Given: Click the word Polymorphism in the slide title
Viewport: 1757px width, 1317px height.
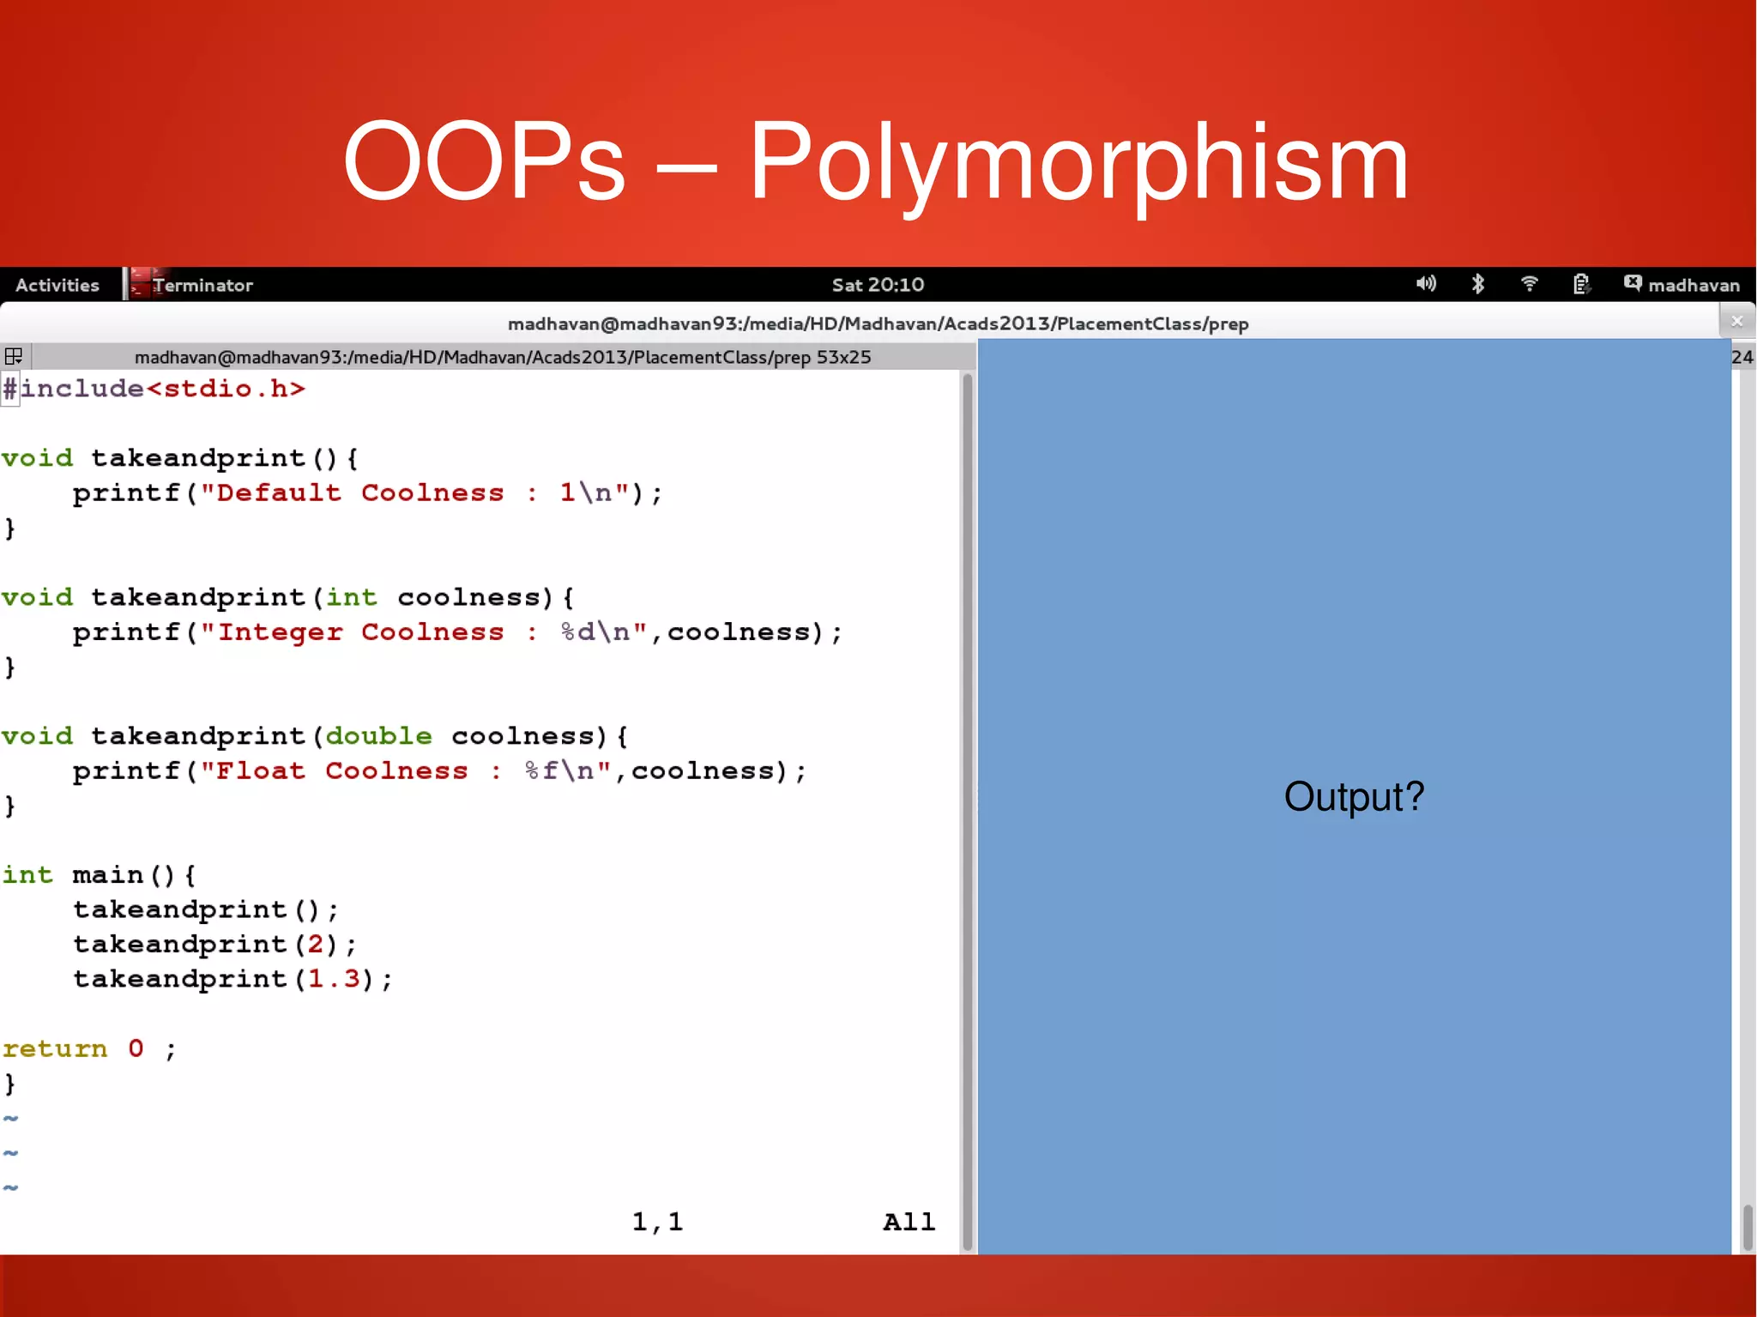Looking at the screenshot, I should [x=1078, y=163].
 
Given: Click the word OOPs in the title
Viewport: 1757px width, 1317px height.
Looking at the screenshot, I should [x=484, y=163].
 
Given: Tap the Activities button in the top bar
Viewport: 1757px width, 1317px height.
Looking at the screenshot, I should [x=57, y=285].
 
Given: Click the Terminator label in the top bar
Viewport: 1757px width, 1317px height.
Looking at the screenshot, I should [x=202, y=285].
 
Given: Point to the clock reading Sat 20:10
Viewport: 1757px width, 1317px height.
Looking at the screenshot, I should [x=878, y=285].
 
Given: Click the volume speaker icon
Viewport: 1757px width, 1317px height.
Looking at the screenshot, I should [x=1425, y=284].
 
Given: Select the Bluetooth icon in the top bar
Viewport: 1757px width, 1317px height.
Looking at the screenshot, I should [x=1478, y=284].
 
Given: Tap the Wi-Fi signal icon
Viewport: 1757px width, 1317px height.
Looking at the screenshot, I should [x=1529, y=284].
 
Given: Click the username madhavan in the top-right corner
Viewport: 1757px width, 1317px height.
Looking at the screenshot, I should [x=1694, y=285].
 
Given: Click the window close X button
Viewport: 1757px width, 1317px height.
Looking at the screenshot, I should [x=1737, y=322].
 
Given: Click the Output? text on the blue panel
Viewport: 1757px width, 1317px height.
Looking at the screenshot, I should [x=1353, y=796].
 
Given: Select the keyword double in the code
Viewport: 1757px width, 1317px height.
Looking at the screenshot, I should [x=378, y=736].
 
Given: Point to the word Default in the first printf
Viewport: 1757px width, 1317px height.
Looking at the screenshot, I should [x=278, y=493].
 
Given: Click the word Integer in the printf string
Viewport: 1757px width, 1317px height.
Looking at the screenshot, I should [x=280, y=632].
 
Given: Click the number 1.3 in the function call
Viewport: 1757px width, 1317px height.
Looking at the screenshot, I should [x=334, y=979].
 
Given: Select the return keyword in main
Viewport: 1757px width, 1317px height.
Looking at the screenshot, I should [x=55, y=1049].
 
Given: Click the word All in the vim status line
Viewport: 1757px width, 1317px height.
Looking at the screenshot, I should [x=909, y=1222].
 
